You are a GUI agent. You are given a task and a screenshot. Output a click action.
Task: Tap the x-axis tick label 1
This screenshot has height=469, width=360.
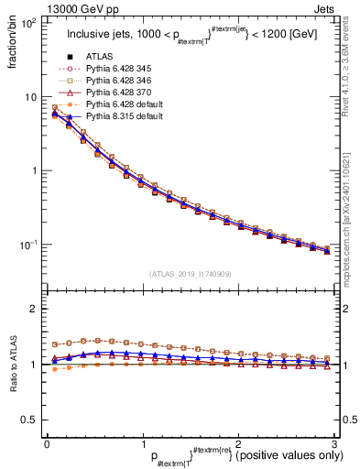tap(142, 443)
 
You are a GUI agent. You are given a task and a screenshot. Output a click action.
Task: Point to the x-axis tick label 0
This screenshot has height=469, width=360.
tap(47, 443)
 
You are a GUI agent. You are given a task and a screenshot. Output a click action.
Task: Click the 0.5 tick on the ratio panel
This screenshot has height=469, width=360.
tap(29, 420)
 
